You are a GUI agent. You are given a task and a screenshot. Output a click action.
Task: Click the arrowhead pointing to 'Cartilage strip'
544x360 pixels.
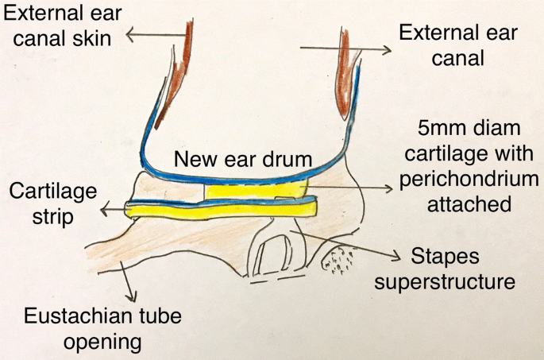106,211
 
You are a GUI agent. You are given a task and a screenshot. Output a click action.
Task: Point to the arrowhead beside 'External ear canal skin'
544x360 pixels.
131,33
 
